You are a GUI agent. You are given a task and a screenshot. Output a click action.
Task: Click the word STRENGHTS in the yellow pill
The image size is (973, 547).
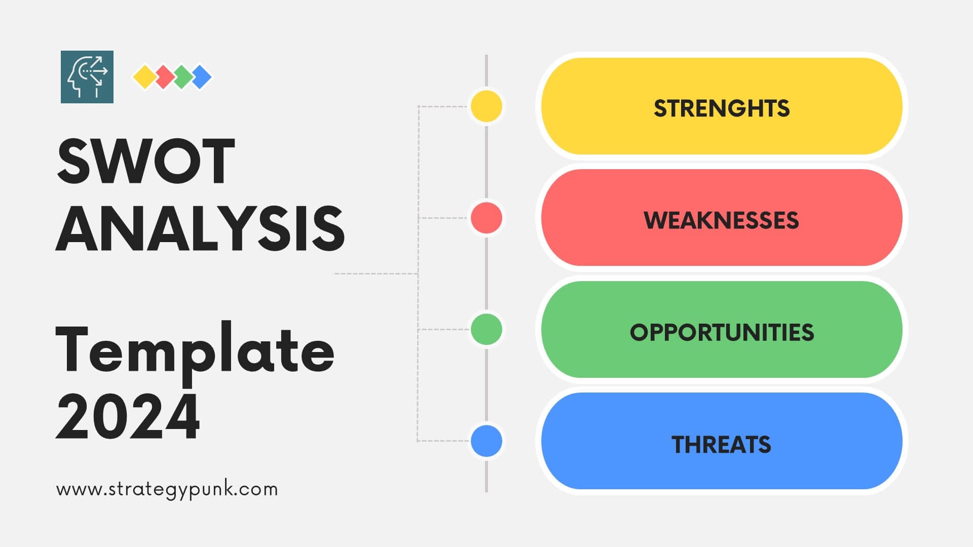pyautogui.click(x=721, y=108)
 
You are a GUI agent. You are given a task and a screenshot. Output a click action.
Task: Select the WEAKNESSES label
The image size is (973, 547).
pyautogui.click(x=721, y=220)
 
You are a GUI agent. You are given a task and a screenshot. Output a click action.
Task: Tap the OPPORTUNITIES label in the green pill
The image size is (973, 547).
pyautogui.click(x=721, y=332)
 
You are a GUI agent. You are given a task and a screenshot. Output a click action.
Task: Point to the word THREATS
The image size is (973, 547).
pyautogui.click(x=721, y=444)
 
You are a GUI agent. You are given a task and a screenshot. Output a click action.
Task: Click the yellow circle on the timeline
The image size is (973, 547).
pyautogui.click(x=486, y=106)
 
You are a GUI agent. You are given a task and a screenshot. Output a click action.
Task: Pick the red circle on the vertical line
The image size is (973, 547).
pyautogui.click(x=486, y=218)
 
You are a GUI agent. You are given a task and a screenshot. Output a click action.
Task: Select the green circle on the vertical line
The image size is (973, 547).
pyautogui.click(x=486, y=329)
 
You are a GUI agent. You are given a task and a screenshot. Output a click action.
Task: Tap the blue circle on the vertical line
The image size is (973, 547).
pyautogui.click(x=486, y=441)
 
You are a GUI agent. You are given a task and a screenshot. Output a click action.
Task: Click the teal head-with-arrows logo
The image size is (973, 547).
pyautogui.click(x=87, y=77)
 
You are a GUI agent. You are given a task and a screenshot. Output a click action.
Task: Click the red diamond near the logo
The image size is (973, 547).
pyautogui.click(x=164, y=77)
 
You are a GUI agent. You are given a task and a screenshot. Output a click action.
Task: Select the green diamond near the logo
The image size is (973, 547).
pyautogui.click(x=182, y=77)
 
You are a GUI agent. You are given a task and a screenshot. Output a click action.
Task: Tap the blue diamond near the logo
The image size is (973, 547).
pyautogui.click(x=202, y=77)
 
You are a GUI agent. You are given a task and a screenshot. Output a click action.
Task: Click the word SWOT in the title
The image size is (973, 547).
pyautogui.click(x=146, y=161)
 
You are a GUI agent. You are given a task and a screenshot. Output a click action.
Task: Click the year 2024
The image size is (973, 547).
pyautogui.click(x=128, y=416)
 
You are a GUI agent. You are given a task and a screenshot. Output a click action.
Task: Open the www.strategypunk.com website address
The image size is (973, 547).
pyautogui.click(x=167, y=489)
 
